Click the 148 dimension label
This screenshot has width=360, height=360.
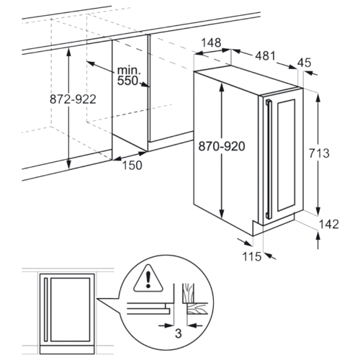pos(211,42)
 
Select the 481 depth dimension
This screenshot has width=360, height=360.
pos(265,56)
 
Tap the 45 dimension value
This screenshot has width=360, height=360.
pos(305,63)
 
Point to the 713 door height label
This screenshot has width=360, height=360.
pos(319,153)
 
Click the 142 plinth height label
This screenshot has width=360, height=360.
pos(328,224)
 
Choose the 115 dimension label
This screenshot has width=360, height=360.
pos(252,256)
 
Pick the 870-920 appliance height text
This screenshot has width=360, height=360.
pos(222,146)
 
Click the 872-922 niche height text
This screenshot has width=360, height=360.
pos(73,99)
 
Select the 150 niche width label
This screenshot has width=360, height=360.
pos(132,165)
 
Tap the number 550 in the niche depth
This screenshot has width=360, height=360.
pos(127,81)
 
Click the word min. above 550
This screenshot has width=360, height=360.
pos(129,70)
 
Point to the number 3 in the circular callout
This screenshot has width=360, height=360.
pos(179,333)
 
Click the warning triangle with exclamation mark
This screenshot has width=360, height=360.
pos(148,279)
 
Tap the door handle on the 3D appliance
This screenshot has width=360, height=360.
pos(269,159)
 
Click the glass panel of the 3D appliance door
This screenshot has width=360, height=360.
pos(286,156)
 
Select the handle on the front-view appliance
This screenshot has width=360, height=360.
pos(46,310)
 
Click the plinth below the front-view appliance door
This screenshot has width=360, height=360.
pos(67,350)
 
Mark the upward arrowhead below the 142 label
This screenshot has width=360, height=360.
pos(318,235)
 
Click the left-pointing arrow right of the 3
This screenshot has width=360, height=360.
pos(195,325)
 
